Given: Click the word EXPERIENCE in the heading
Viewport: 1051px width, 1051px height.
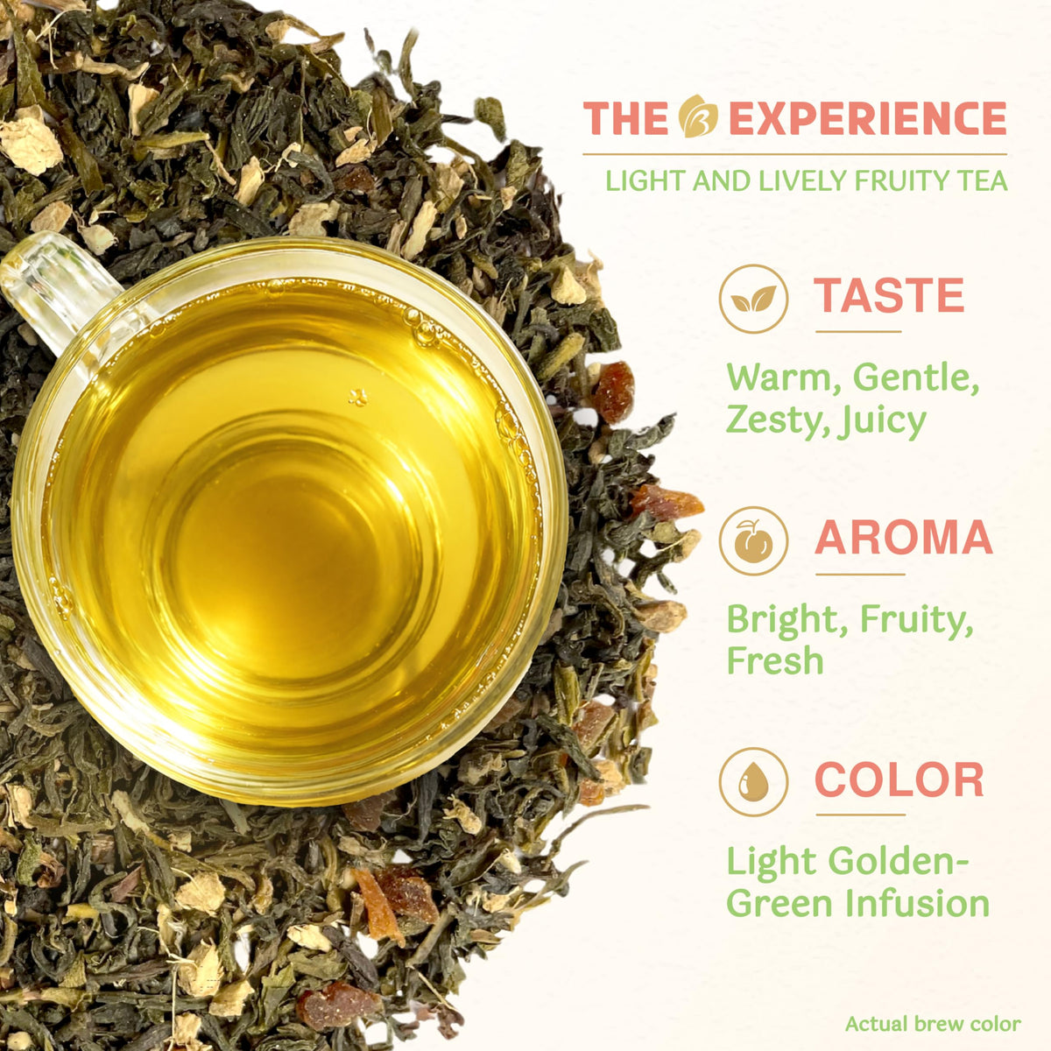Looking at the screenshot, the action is tap(867, 118).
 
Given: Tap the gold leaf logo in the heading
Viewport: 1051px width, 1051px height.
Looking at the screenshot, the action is tap(698, 116).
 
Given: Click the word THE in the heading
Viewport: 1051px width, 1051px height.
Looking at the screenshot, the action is tap(625, 118).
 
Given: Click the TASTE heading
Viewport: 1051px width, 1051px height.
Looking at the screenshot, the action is tap(888, 295).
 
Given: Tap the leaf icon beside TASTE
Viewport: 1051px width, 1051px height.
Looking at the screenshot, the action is tap(754, 299).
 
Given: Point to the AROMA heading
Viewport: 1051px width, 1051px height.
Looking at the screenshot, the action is tap(904, 537).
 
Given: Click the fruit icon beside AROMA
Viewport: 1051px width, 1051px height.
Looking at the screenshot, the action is tap(754, 541).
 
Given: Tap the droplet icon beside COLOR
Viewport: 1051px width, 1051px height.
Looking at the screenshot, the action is tap(754, 782).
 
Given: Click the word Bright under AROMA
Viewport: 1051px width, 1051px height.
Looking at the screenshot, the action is tap(786, 620).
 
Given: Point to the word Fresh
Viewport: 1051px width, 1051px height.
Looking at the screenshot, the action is tap(775, 660).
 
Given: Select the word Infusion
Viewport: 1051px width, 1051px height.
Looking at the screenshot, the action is tap(918, 903).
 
